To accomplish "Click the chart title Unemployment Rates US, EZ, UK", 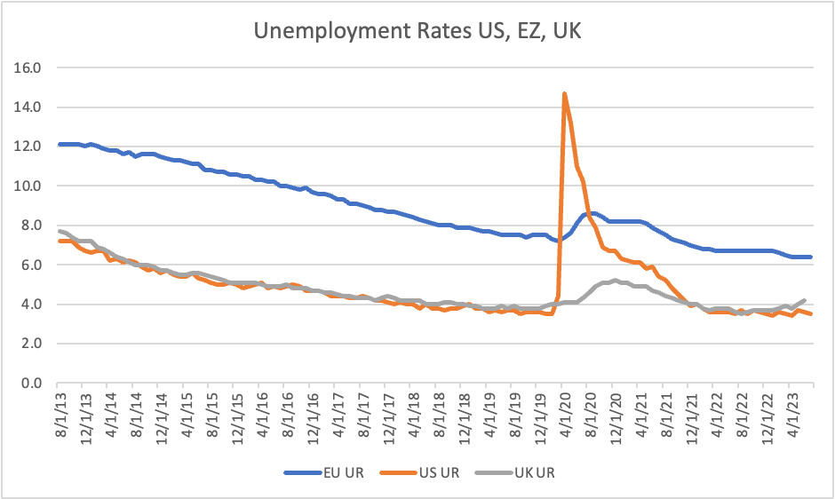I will (417, 32).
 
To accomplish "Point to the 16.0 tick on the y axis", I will (31, 67).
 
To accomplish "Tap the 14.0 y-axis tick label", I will (31, 107).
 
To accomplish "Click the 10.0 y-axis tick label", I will (31, 186).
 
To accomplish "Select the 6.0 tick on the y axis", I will (33, 265).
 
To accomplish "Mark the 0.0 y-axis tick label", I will (33, 384).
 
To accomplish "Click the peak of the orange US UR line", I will (564, 93).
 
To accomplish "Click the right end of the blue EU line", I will (810, 257).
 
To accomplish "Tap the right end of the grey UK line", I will (804, 300).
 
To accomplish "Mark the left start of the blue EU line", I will (60, 144).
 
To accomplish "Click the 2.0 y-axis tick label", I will (33, 345).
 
